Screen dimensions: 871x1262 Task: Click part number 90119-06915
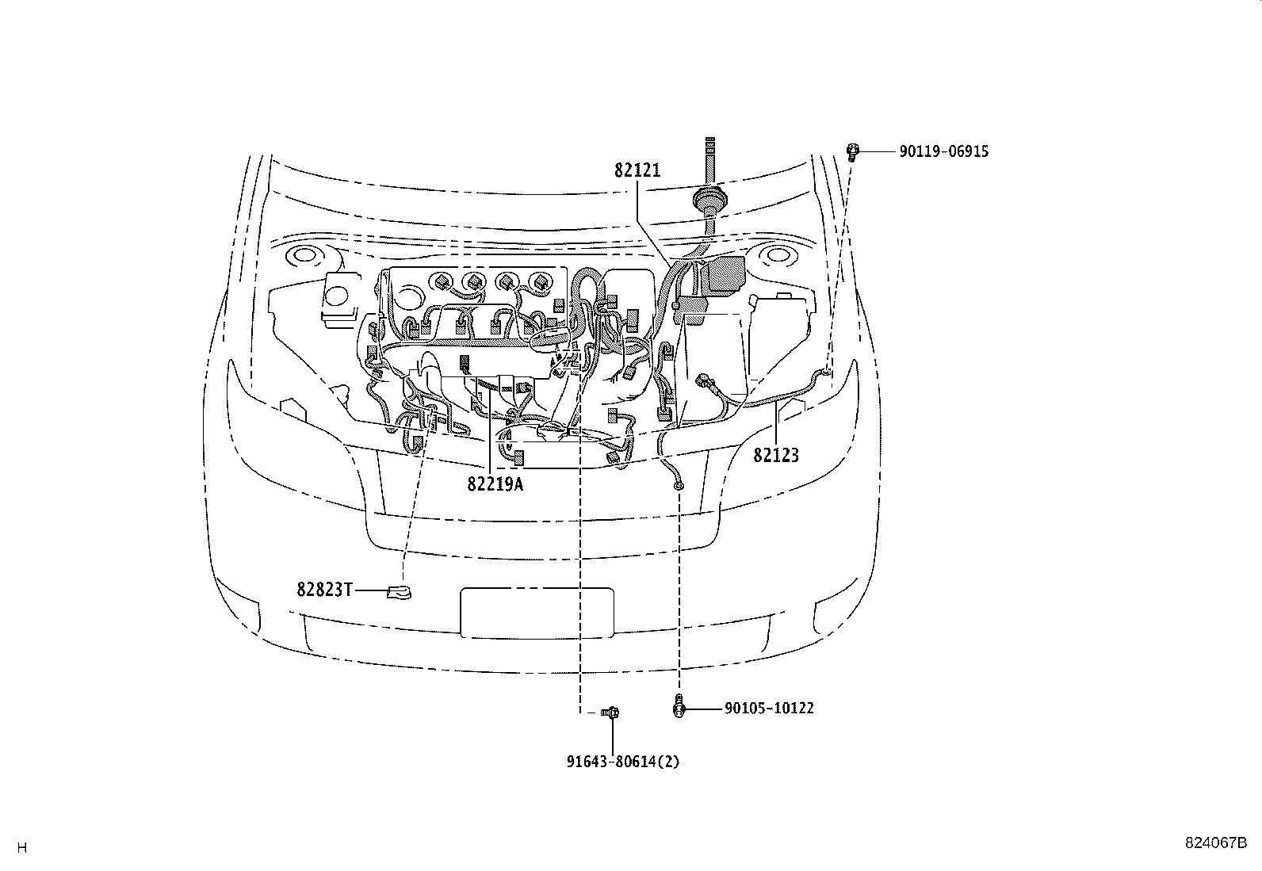click(943, 151)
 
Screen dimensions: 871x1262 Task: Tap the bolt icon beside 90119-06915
click(853, 151)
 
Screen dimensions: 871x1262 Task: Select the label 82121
click(637, 170)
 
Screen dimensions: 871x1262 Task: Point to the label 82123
click(776, 456)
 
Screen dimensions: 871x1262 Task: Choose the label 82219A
click(495, 483)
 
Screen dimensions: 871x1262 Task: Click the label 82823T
click(324, 590)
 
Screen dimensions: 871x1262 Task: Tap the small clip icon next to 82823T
click(399, 591)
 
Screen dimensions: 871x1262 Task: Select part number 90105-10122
click(769, 708)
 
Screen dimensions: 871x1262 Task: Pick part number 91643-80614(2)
click(623, 762)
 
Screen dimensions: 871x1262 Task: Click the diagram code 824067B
click(1217, 842)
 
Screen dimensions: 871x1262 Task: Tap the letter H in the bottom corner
click(22, 848)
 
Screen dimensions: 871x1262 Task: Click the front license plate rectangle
click(537, 612)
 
